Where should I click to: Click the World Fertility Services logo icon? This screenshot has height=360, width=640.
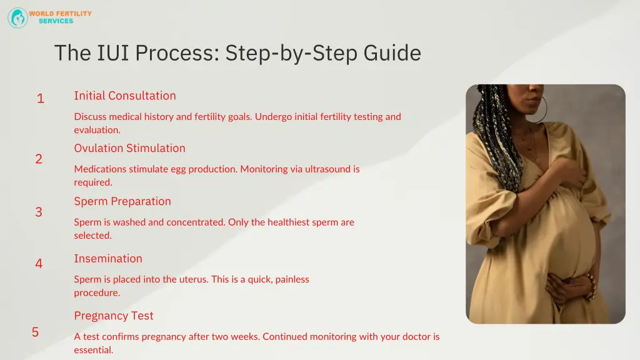coord(17,17)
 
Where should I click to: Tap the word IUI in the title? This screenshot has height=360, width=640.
coord(113,52)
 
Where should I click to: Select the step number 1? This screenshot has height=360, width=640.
coord(40,99)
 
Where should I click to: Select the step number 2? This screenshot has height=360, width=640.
coord(39,159)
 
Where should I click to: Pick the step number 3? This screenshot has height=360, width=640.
coord(39,212)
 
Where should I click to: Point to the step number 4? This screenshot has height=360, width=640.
coord(39,264)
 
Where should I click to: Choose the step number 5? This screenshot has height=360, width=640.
coord(36,332)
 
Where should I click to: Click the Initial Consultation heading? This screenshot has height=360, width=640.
coord(125,96)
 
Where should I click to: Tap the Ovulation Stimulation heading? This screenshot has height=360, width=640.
coord(129,148)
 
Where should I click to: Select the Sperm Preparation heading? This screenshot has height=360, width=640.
coord(122,201)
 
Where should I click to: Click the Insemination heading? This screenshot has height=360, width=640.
coord(108,259)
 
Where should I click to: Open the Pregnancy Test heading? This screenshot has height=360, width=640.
coord(114,316)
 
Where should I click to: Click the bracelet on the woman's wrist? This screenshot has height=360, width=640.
coord(589,286)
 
